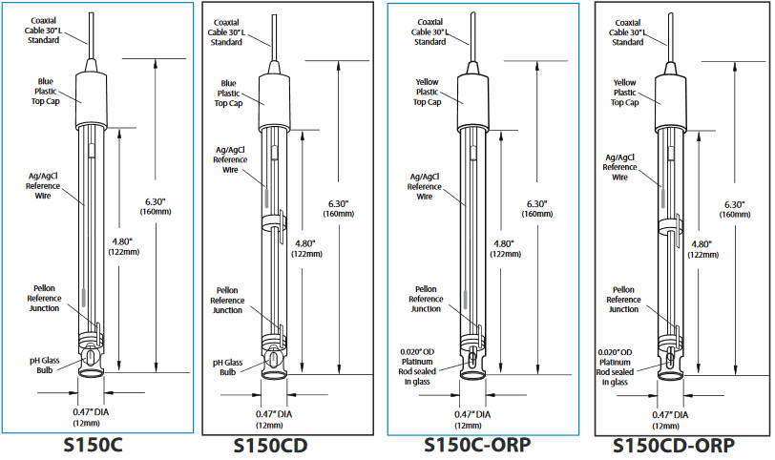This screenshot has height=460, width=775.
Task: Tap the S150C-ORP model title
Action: coord(471,446)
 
